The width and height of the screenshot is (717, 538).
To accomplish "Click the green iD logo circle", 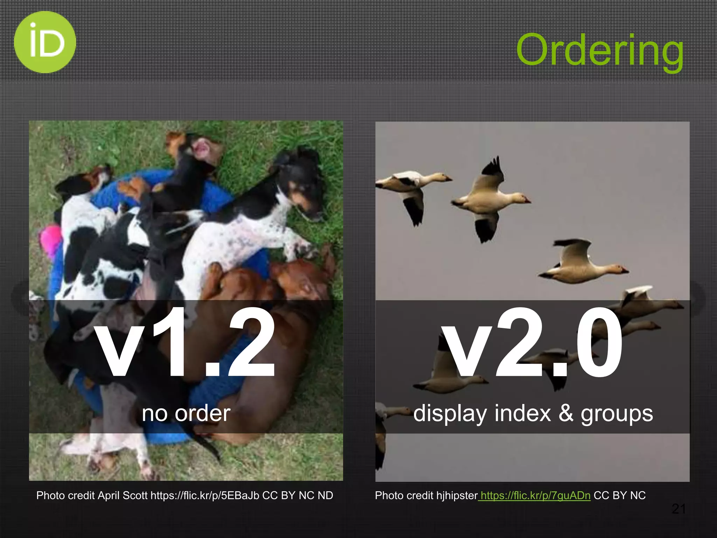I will click(45, 42).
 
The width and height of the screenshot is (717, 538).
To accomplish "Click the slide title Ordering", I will click(599, 51).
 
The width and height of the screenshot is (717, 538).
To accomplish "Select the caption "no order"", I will click(186, 413).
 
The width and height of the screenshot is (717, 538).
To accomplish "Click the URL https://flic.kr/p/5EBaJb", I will click(205, 496).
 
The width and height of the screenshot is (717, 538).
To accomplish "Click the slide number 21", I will click(678, 509).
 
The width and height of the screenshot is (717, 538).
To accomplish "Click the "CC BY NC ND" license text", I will click(298, 496).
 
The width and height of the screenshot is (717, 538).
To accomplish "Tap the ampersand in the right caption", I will click(566, 413).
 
